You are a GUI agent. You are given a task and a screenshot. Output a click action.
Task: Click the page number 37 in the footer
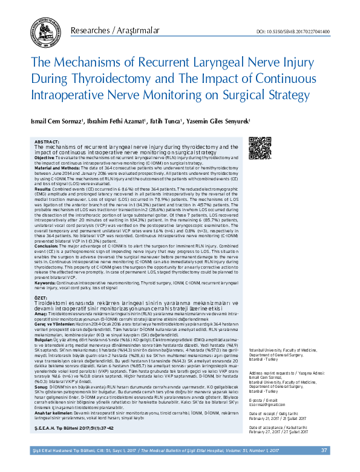[324, 467]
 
